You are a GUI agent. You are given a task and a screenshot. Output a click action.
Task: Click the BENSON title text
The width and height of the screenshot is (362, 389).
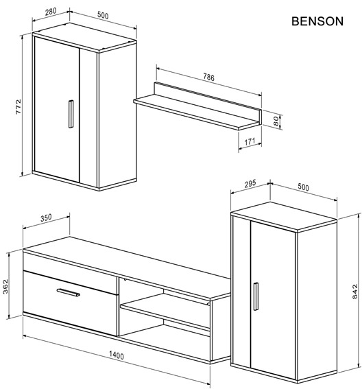point(317,21)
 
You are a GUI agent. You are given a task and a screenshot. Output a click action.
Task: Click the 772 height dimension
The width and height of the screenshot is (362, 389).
point(19,106)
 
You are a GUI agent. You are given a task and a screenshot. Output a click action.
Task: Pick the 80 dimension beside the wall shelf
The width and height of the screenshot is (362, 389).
point(276,121)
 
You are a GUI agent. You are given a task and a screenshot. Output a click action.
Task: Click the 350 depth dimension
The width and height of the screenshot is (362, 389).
point(46,218)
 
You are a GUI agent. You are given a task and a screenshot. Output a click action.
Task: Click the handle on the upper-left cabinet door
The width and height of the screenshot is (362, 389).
point(70,113)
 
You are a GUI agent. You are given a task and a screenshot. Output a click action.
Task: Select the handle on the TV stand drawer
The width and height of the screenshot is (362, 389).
point(69,294)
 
